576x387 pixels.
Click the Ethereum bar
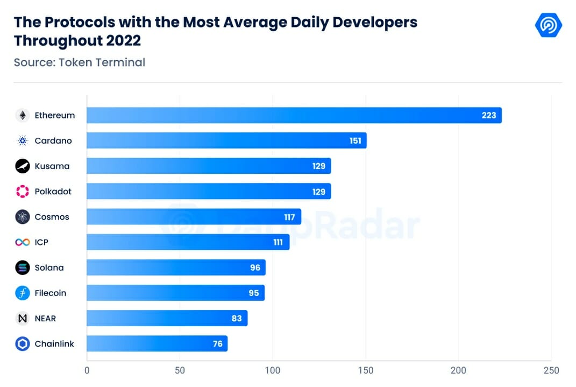tap(294, 115)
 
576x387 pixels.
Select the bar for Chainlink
tap(157, 343)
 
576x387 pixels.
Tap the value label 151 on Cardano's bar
tap(355, 140)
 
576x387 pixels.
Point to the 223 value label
tap(489, 115)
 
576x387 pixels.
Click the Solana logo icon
tap(23, 268)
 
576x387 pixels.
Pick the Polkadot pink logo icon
tap(23, 192)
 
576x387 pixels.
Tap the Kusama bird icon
tap(23, 166)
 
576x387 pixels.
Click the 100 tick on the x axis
tap(273, 370)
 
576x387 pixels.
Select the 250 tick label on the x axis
tap(551, 370)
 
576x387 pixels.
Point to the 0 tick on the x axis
tap(87, 370)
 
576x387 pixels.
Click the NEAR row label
tap(45, 319)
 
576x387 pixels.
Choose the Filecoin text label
tap(51, 293)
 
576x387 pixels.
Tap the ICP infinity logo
tap(23, 242)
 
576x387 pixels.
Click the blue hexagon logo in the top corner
tap(549, 25)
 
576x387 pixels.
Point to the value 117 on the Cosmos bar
tap(289, 217)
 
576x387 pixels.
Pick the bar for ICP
tap(188, 242)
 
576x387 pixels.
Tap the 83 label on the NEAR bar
tap(237, 319)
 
